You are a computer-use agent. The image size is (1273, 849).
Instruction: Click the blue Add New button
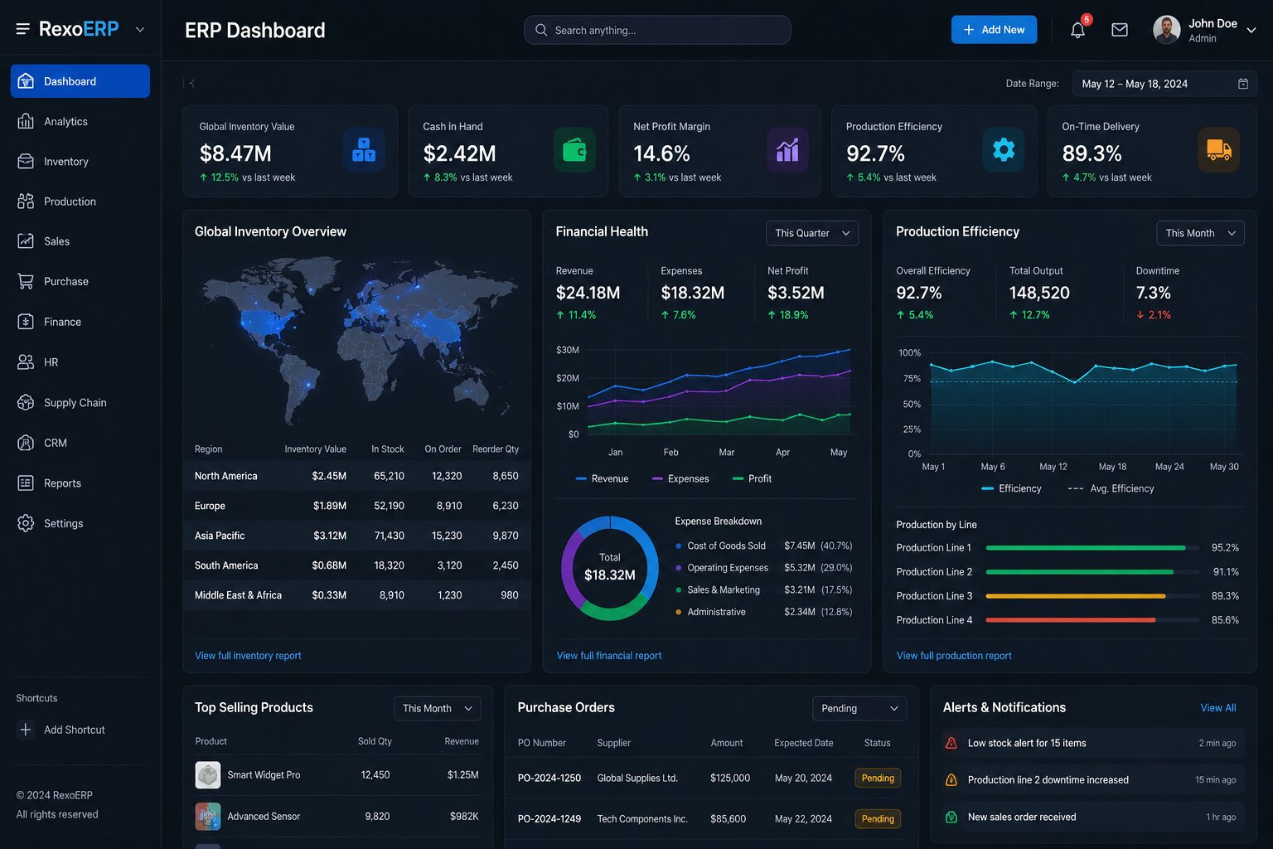point(994,30)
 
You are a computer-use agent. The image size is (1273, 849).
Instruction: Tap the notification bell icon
point(1077,30)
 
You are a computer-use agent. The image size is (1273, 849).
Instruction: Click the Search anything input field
point(657,30)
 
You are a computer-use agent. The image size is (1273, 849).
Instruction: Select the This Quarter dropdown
point(812,233)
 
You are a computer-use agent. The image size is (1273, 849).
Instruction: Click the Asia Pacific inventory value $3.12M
point(330,536)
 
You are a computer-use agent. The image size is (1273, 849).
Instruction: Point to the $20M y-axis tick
point(567,378)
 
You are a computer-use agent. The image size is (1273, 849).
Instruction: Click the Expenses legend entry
point(680,479)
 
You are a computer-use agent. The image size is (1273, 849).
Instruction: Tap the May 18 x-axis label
point(1112,467)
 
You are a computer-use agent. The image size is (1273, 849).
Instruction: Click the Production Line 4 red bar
point(1070,620)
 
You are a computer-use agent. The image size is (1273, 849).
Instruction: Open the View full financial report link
point(608,656)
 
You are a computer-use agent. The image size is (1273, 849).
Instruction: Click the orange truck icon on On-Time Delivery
point(1218,150)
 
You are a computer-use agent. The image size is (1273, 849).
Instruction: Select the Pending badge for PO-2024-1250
point(878,778)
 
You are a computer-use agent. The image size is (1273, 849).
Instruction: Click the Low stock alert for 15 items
point(1026,743)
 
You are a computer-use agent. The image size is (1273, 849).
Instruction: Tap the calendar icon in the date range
point(1243,84)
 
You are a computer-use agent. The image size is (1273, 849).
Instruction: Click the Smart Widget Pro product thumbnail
point(207,775)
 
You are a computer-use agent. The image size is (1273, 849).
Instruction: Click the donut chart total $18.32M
point(610,575)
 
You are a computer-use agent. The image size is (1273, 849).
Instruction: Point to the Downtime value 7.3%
point(1153,293)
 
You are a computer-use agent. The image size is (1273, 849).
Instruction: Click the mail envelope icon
point(1119,30)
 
